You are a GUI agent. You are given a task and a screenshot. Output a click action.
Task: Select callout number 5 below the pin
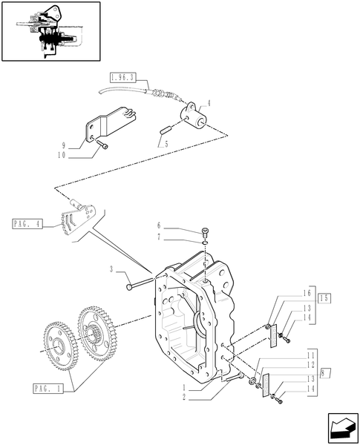(x=167, y=144)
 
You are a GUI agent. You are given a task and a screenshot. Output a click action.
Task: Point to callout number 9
(x=65, y=145)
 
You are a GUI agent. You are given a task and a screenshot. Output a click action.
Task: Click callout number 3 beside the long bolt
(x=112, y=270)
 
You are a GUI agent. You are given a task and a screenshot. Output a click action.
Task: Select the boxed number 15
(x=325, y=297)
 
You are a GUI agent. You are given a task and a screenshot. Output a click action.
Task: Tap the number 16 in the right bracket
(x=307, y=294)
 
